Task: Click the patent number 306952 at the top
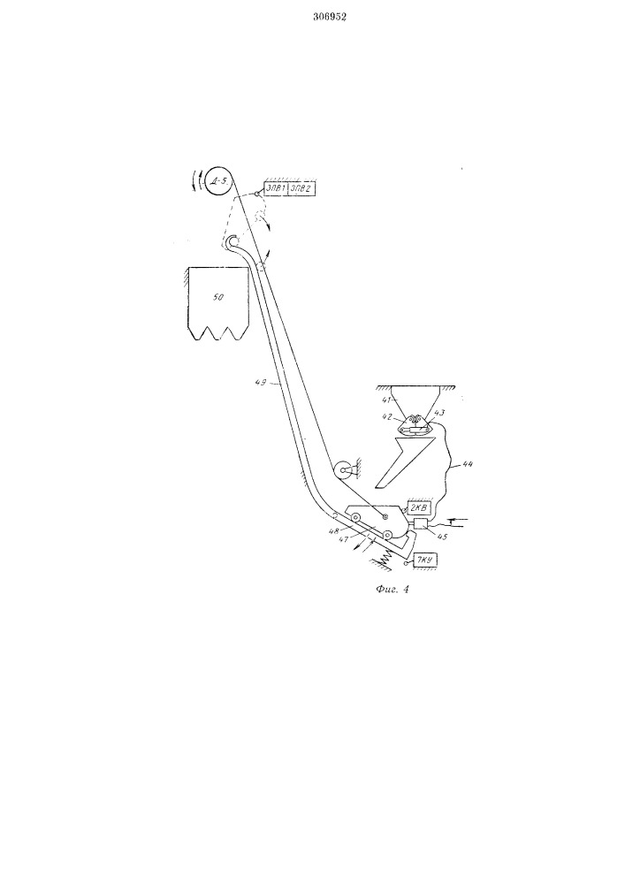pyautogui.click(x=330, y=17)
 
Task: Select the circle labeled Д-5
pyautogui.click(x=218, y=181)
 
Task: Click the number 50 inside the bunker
pyautogui.click(x=218, y=297)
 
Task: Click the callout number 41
pyautogui.click(x=385, y=400)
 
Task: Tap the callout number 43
pyautogui.click(x=439, y=413)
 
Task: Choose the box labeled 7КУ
pyautogui.click(x=425, y=560)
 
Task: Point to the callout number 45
pyautogui.click(x=442, y=537)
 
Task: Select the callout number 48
pyautogui.click(x=336, y=530)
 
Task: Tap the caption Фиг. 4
pyautogui.click(x=392, y=591)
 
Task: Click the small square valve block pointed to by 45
pyautogui.click(x=421, y=526)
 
